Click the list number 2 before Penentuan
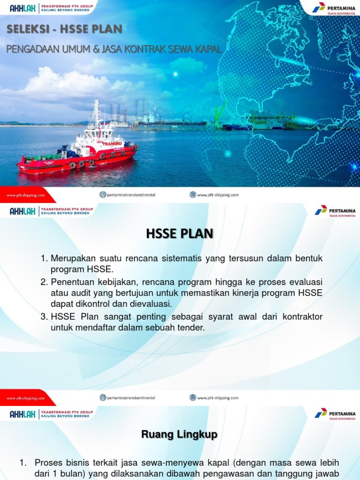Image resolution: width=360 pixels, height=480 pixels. [44, 282]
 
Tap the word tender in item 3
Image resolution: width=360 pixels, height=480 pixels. [192, 327]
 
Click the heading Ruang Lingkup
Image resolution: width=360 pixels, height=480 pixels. [180, 435]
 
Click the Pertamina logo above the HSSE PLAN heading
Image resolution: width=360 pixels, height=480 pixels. [335, 210]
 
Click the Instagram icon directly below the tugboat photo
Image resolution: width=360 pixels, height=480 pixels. [103, 195]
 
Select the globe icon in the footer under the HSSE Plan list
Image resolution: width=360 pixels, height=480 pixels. [193, 397]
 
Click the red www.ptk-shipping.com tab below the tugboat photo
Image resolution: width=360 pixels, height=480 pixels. [26, 195]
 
